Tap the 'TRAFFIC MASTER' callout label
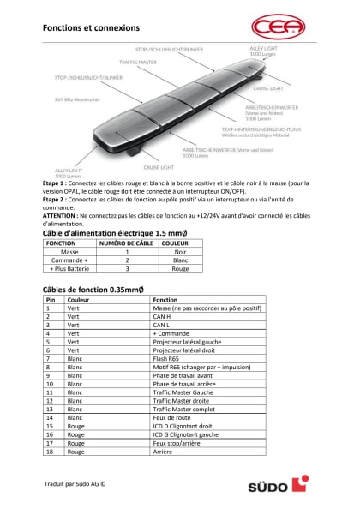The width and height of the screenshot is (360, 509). [137, 62]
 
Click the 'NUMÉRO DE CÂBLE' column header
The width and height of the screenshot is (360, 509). [126, 243]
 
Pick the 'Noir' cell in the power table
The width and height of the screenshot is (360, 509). [180, 252]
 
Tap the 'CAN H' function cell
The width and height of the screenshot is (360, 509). [163, 317]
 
